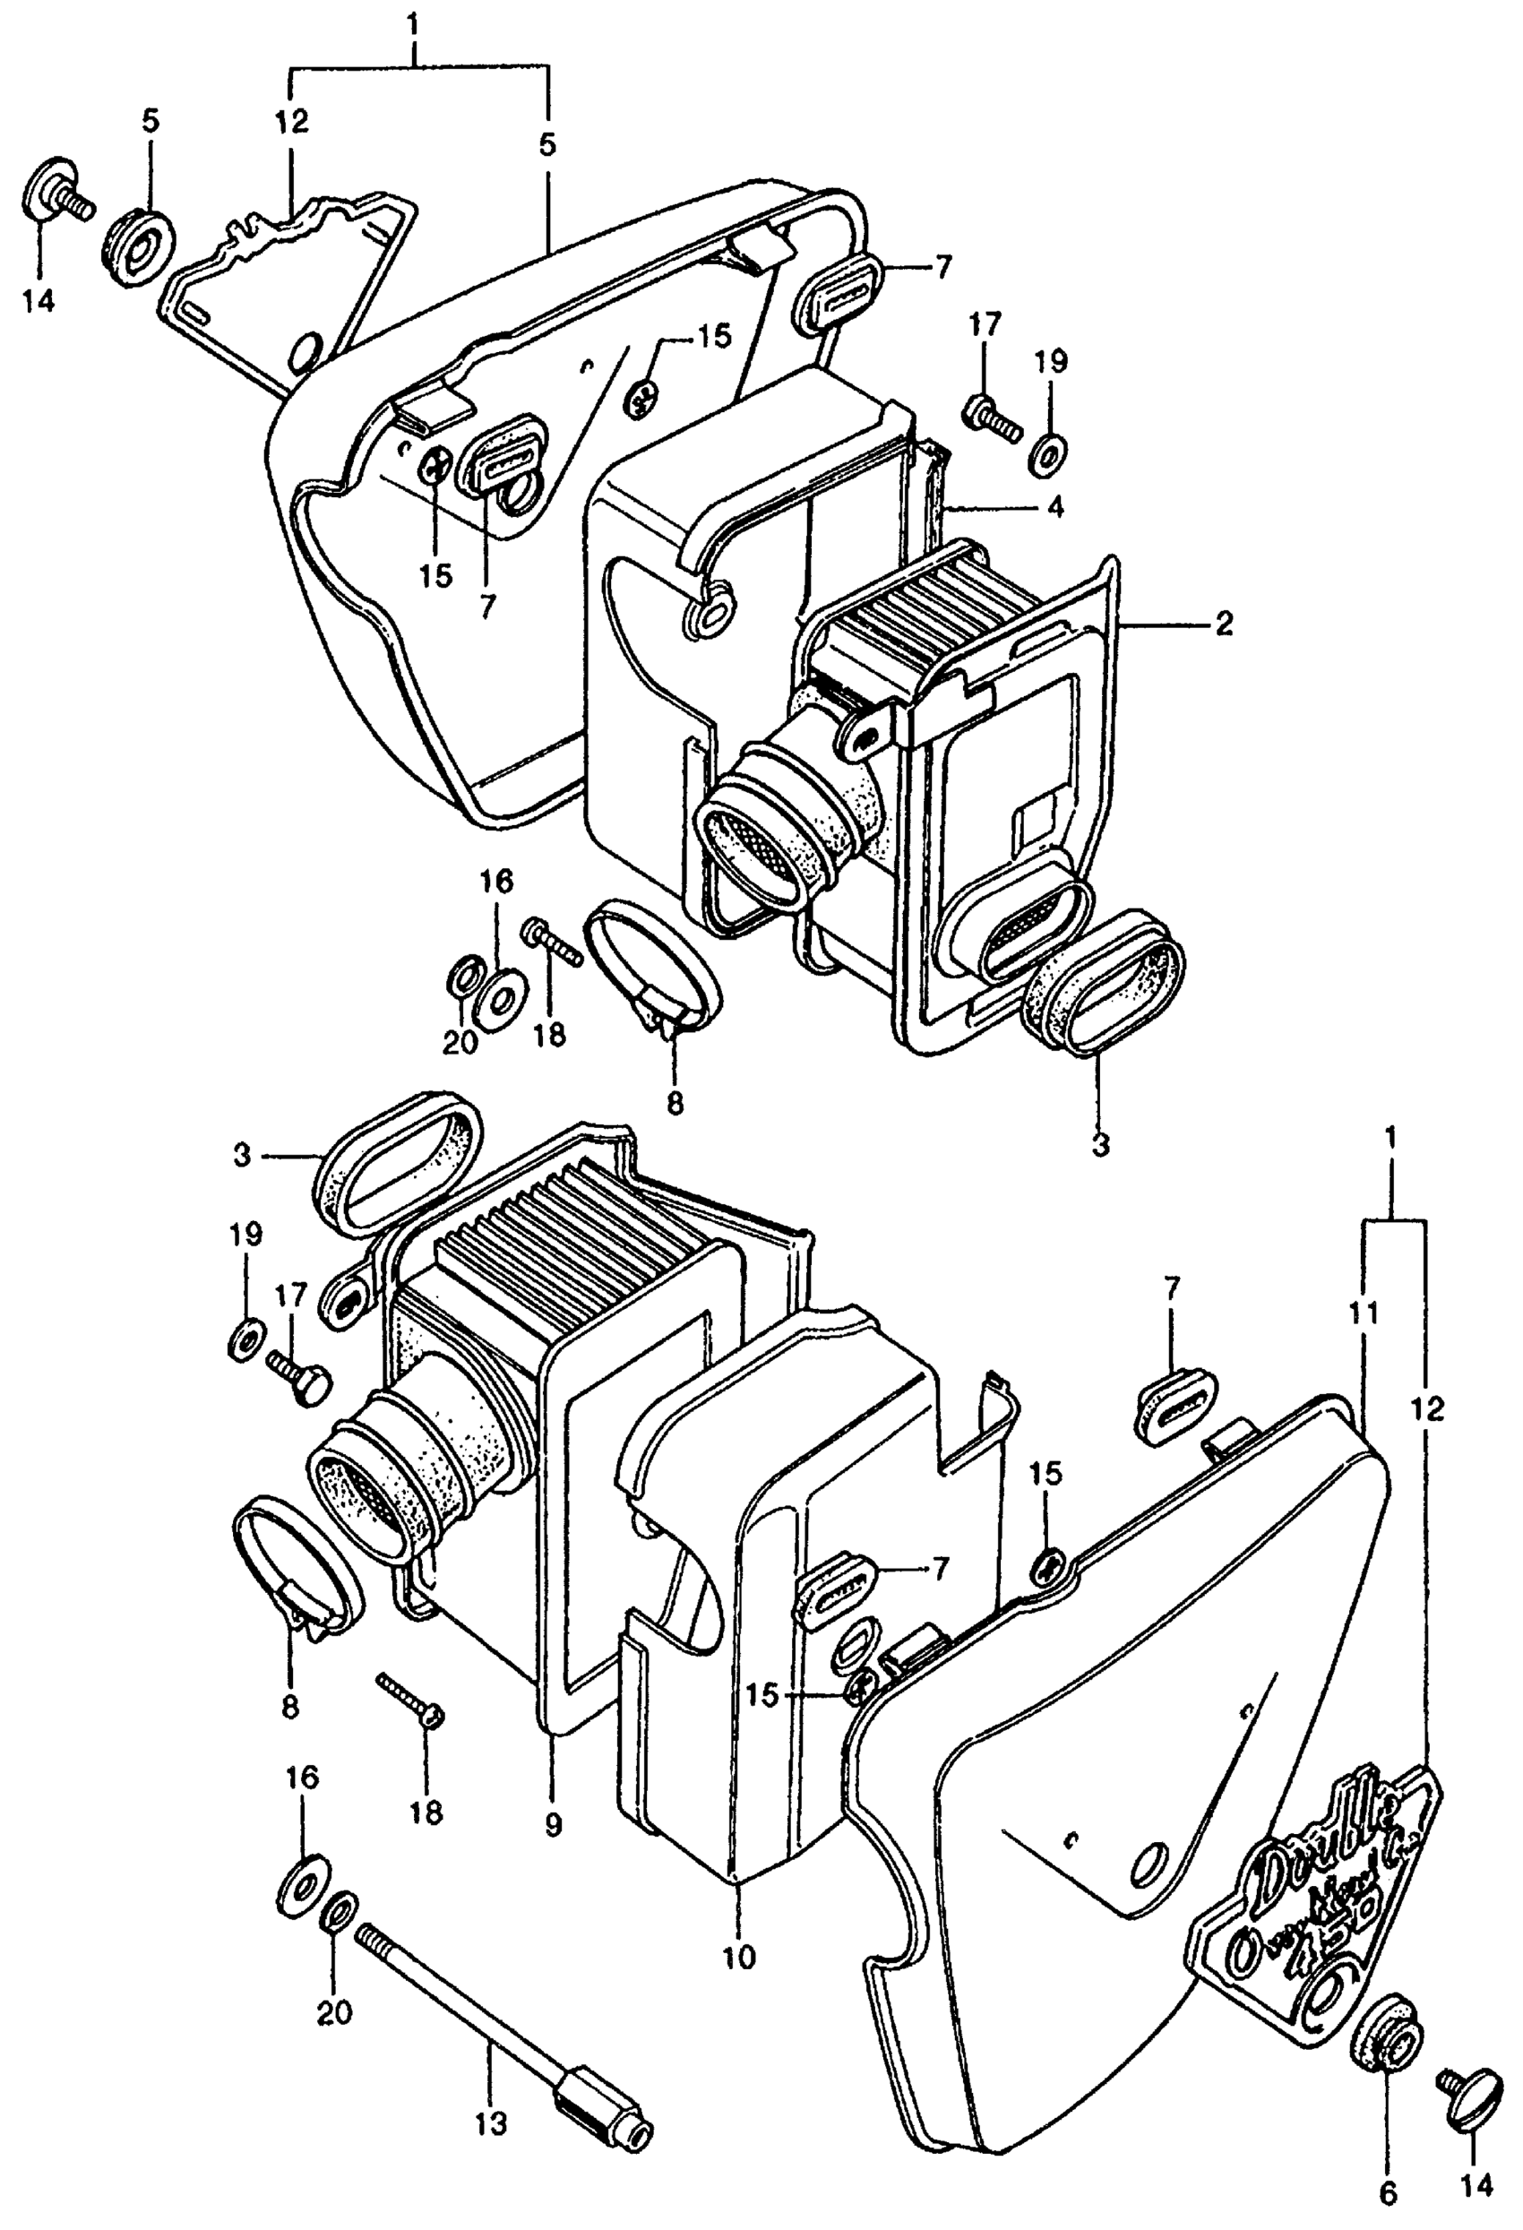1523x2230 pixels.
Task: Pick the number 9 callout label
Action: pyautogui.click(x=553, y=1826)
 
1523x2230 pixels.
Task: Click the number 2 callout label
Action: pyautogui.click(x=1224, y=624)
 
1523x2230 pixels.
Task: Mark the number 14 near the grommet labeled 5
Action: pyautogui.click(x=40, y=300)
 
